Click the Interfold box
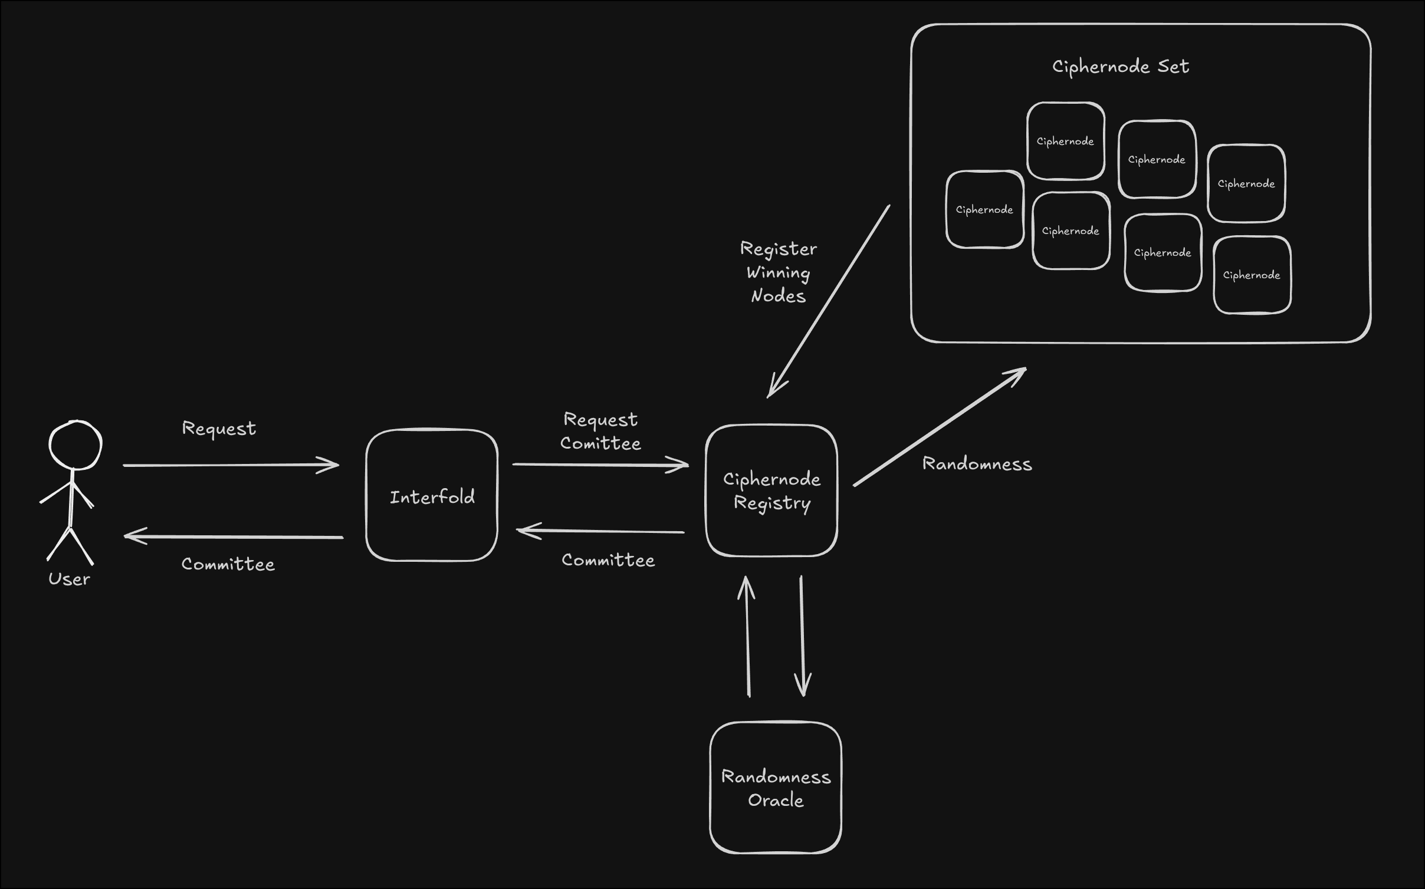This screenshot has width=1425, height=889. (432, 495)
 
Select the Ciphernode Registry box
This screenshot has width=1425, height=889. (771, 490)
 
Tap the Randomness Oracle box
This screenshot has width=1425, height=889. (776, 788)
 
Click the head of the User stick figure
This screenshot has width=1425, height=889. (75, 445)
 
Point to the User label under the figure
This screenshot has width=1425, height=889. (69, 579)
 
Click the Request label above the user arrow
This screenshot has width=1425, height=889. (219, 429)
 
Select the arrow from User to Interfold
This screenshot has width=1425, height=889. (231, 465)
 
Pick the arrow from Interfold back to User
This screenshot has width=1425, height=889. (234, 536)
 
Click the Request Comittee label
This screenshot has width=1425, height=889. (600, 432)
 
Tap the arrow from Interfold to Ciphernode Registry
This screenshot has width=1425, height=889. (600, 465)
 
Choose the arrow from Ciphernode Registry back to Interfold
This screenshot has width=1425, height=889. (600, 531)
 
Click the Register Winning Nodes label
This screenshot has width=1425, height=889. (779, 272)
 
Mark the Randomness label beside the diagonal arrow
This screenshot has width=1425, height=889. (977, 464)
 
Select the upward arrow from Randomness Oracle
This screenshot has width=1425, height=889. (747, 637)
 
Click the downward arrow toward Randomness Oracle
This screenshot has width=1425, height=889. (802, 637)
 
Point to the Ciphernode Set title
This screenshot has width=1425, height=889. (1121, 67)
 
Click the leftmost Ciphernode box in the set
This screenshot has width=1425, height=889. (985, 209)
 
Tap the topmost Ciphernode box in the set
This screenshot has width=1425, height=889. (1066, 141)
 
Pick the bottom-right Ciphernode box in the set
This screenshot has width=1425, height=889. (1252, 275)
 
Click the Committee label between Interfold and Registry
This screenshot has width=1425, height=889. (608, 560)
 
